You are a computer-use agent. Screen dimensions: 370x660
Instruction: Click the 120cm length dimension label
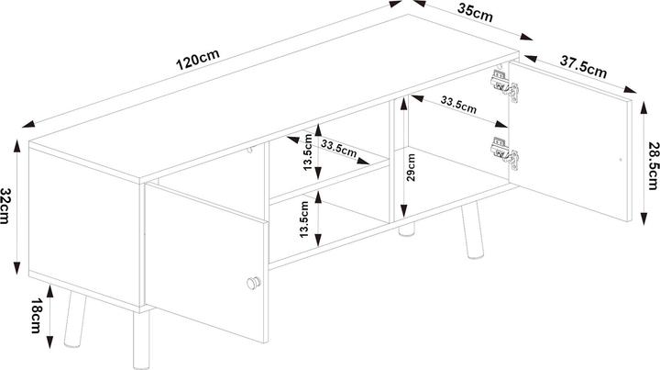(x=200, y=61)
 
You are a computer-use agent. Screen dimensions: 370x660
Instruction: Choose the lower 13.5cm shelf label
(x=306, y=219)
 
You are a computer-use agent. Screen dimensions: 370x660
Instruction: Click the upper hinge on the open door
(x=504, y=84)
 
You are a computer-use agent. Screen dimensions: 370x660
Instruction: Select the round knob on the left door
(x=255, y=283)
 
